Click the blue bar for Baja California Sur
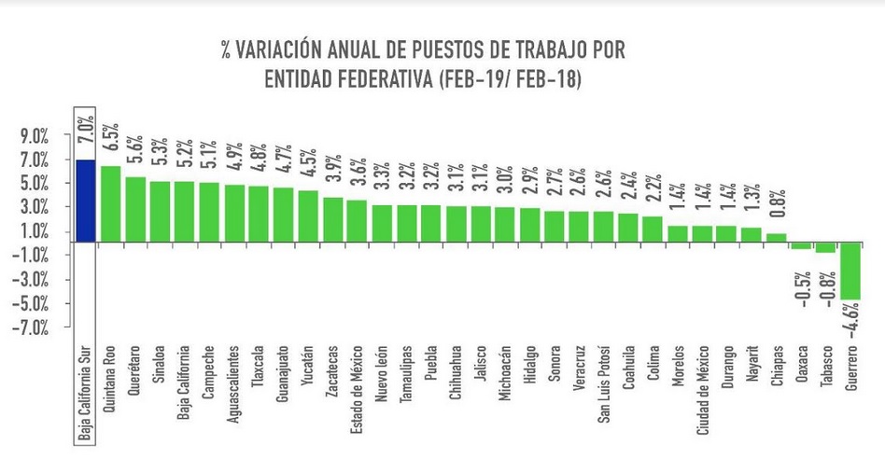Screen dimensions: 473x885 pos(85,201)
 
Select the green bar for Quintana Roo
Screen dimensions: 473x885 pos(110,204)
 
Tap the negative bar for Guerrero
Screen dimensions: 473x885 pos(850,271)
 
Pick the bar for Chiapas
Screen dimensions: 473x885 pos(777,238)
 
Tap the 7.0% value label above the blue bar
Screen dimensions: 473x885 pos(86,132)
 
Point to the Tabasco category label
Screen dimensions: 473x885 pos(826,368)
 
